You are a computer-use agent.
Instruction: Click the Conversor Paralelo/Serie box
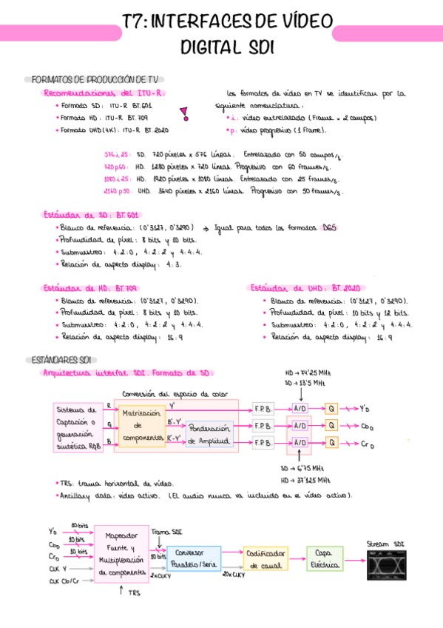coord(195,558)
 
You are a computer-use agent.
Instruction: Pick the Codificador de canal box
coord(266,559)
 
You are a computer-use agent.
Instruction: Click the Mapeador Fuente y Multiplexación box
coord(122,552)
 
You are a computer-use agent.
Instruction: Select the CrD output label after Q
coord(367,444)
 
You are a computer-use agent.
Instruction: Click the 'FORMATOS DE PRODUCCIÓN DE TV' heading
coord(94,79)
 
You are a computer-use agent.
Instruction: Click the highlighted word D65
coord(328,228)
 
